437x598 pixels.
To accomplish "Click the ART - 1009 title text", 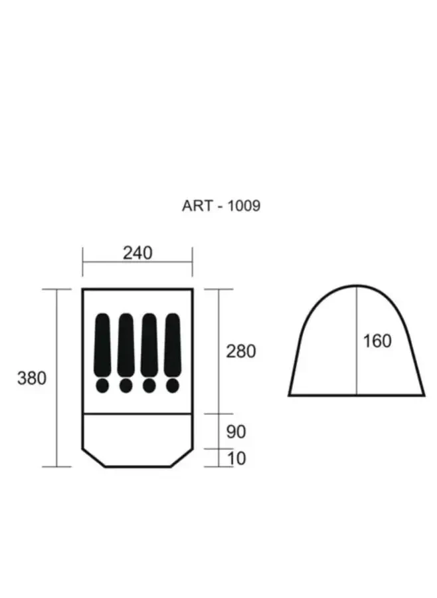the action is pos(221,206).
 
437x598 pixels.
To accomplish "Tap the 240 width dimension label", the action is pos(137,253).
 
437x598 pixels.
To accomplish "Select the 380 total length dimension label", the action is pos(32,378).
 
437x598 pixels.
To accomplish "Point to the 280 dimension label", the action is pos(241,351).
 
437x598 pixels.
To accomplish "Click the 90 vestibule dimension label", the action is pos(236,432).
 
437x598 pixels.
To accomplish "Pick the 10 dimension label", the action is pos(237,458).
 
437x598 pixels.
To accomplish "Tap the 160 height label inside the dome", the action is pos(377,341).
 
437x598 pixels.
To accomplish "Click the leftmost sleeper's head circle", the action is pos(102,386).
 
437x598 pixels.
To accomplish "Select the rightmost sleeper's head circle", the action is pos(173,386).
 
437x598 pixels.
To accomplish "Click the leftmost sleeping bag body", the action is pos(102,345).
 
